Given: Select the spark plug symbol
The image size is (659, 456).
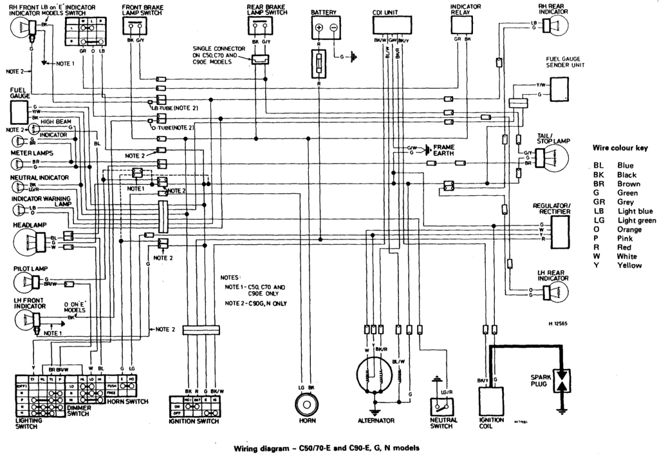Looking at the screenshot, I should (x=564, y=379).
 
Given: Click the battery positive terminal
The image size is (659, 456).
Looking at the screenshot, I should (x=319, y=28).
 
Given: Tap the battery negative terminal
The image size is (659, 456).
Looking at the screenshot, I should (x=333, y=28).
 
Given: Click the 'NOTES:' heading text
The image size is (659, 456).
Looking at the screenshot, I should (x=230, y=274).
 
